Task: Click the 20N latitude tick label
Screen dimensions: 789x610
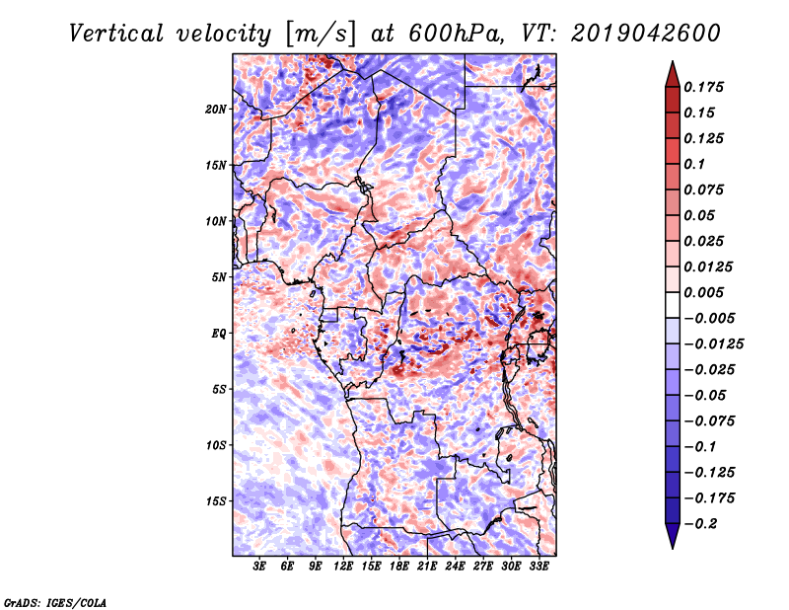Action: pos(216,110)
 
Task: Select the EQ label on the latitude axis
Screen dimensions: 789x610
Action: pos(219,334)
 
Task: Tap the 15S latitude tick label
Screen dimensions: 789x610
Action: pos(216,501)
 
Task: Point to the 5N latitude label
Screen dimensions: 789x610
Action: pos(219,277)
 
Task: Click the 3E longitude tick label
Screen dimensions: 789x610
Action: pos(259,567)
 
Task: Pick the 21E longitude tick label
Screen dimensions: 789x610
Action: pos(427,567)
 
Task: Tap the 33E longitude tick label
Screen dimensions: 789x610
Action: pos(538,567)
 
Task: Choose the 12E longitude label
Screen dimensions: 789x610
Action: pos(343,567)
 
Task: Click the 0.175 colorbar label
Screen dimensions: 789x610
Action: pos(703,87)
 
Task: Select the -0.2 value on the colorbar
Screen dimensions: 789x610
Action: pos(700,524)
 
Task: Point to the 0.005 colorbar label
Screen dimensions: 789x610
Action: pos(703,292)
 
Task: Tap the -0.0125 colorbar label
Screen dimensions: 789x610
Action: pos(713,344)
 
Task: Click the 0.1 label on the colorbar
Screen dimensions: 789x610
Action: pos(694,164)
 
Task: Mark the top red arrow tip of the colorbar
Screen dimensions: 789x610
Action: pos(673,61)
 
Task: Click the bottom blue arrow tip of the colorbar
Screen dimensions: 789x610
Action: pos(673,549)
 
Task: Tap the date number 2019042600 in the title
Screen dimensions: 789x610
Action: pos(646,34)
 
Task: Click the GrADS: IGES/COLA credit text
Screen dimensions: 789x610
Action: pos(55,602)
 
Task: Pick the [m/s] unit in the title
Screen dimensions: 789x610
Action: pos(321,35)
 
